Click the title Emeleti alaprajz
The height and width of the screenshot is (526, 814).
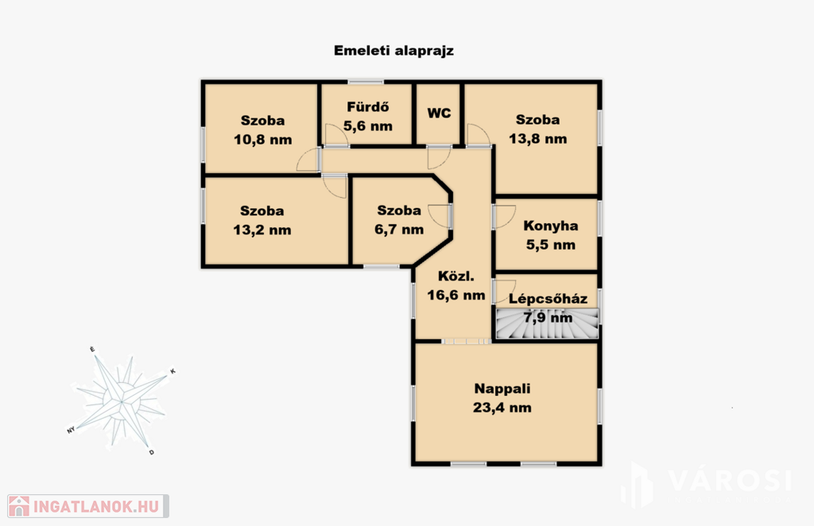point(393,51)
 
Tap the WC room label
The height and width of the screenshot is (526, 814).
point(439,113)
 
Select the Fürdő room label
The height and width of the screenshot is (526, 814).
point(367,106)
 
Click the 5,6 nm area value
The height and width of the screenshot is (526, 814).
point(367,126)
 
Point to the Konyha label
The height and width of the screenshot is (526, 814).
point(551,226)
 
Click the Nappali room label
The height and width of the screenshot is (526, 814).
point(502,389)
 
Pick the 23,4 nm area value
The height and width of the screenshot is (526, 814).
point(502,408)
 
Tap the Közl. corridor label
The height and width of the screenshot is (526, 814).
point(456,276)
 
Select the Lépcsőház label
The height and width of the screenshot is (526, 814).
point(548,299)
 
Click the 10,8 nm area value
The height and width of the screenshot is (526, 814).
point(262,140)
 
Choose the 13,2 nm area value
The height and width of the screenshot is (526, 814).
point(262,230)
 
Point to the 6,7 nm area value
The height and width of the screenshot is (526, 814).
point(399,230)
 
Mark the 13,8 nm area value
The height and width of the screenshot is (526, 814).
point(538,138)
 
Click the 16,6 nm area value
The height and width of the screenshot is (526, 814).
point(456,295)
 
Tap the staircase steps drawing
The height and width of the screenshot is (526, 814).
point(547,324)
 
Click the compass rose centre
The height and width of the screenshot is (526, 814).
point(122,401)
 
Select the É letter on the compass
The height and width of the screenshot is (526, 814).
point(92,349)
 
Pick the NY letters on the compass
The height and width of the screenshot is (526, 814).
point(71,430)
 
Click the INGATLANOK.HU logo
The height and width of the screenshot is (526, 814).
point(88,506)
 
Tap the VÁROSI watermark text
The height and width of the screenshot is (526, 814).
point(730,481)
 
